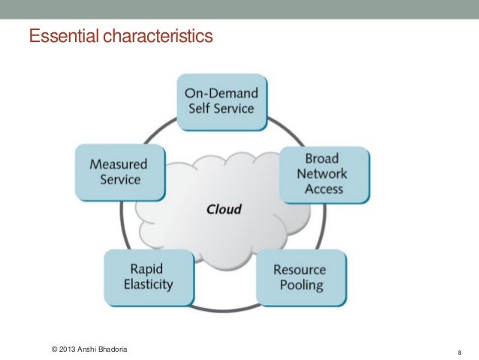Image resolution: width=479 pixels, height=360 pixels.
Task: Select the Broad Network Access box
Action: click(325, 174)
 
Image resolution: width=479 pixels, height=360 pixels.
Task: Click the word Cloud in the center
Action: click(224, 209)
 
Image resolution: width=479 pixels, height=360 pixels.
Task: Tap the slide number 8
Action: click(458, 351)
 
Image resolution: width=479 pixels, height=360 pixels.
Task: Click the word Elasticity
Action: click(148, 284)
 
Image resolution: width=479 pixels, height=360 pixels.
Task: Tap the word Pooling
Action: click(298, 286)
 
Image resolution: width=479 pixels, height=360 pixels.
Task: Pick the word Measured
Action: click(118, 164)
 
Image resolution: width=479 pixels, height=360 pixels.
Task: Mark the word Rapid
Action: click(148, 268)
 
